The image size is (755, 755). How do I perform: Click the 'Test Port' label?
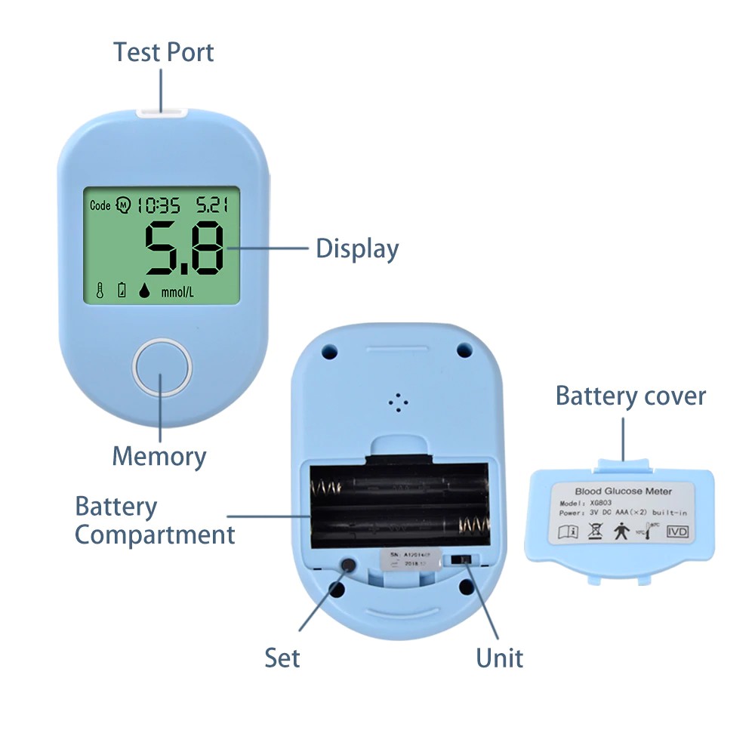(164, 52)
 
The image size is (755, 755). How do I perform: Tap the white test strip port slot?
(162, 113)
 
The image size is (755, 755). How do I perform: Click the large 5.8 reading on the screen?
(184, 248)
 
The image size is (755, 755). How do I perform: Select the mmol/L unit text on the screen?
(177, 291)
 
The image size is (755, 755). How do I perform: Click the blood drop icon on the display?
(143, 291)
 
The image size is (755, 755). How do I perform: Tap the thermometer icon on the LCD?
(99, 290)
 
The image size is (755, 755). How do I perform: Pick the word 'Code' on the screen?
(100, 205)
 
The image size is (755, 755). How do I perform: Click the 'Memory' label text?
(159, 456)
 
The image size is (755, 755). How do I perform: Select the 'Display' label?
(357, 248)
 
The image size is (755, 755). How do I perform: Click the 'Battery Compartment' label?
(155, 521)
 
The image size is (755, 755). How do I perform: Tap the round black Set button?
(349, 565)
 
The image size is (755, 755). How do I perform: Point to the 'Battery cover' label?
(630, 396)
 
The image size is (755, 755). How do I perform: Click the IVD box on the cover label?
(676, 532)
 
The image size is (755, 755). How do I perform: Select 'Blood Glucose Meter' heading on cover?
(623, 492)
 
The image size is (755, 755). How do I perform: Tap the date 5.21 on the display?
(213, 205)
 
